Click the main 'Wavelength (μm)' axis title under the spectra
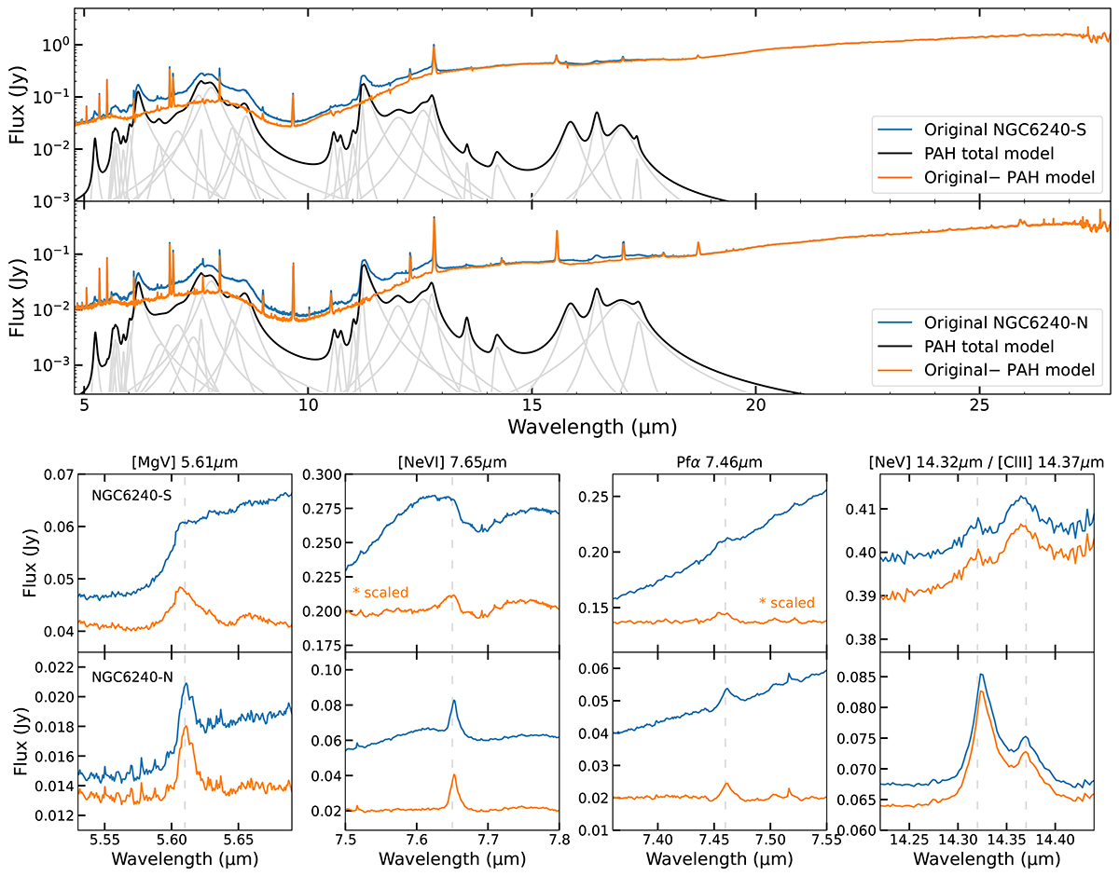coord(594,428)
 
